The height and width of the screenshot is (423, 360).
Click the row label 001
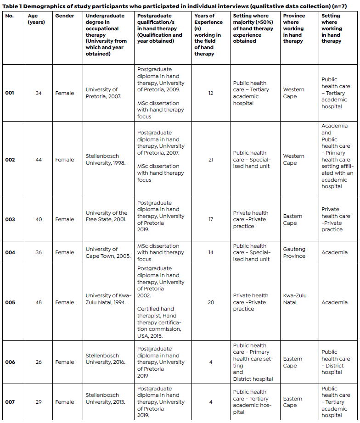(x=10, y=93)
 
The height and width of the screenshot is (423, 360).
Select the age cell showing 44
(x=39, y=160)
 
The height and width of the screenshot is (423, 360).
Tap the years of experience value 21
(x=211, y=160)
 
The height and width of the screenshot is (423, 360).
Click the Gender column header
(x=64, y=16)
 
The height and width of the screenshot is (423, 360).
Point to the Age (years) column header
(x=36, y=19)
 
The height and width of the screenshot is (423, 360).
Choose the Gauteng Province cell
(x=294, y=252)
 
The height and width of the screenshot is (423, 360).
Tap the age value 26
(x=39, y=362)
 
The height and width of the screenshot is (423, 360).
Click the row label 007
(x=10, y=402)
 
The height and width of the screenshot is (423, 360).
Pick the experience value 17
(x=211, y=219)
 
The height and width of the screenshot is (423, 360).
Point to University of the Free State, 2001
(x=107, y=216)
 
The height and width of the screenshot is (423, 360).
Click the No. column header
(x=9, y=16)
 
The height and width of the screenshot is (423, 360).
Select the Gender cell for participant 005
(x=64, y=302)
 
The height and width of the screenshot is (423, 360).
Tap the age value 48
(x=39, y=302)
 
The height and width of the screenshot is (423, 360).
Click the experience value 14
(x=211, y=252)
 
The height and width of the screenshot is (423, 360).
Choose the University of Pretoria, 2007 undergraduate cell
(x=102, y=93)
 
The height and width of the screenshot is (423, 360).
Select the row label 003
(x=10, y=219)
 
